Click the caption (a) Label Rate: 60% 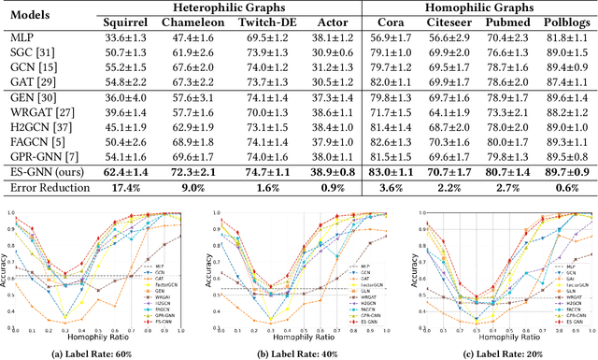[101, 351]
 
